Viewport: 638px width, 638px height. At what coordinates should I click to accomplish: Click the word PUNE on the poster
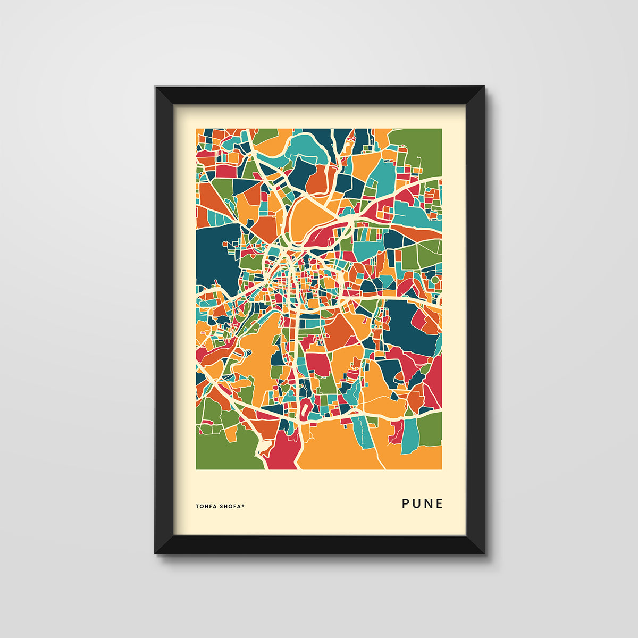[422, 503]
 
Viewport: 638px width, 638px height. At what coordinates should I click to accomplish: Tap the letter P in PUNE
[406, 503]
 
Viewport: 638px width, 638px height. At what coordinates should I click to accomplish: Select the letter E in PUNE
[439, 503]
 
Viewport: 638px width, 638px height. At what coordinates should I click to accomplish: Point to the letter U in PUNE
[416, 503]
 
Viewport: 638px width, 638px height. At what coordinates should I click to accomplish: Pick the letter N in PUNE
[428, 503]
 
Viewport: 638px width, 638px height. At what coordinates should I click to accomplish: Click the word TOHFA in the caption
[206, 506]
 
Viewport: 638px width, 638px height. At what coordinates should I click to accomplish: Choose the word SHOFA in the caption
[230, 506]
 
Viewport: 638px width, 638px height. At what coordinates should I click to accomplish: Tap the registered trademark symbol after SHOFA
[244, 505]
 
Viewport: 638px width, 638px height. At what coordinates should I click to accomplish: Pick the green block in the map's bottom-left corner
[223, 452]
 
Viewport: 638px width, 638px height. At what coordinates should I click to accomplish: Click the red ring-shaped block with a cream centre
[307, 409]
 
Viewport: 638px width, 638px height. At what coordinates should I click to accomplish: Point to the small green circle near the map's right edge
[435, 279]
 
